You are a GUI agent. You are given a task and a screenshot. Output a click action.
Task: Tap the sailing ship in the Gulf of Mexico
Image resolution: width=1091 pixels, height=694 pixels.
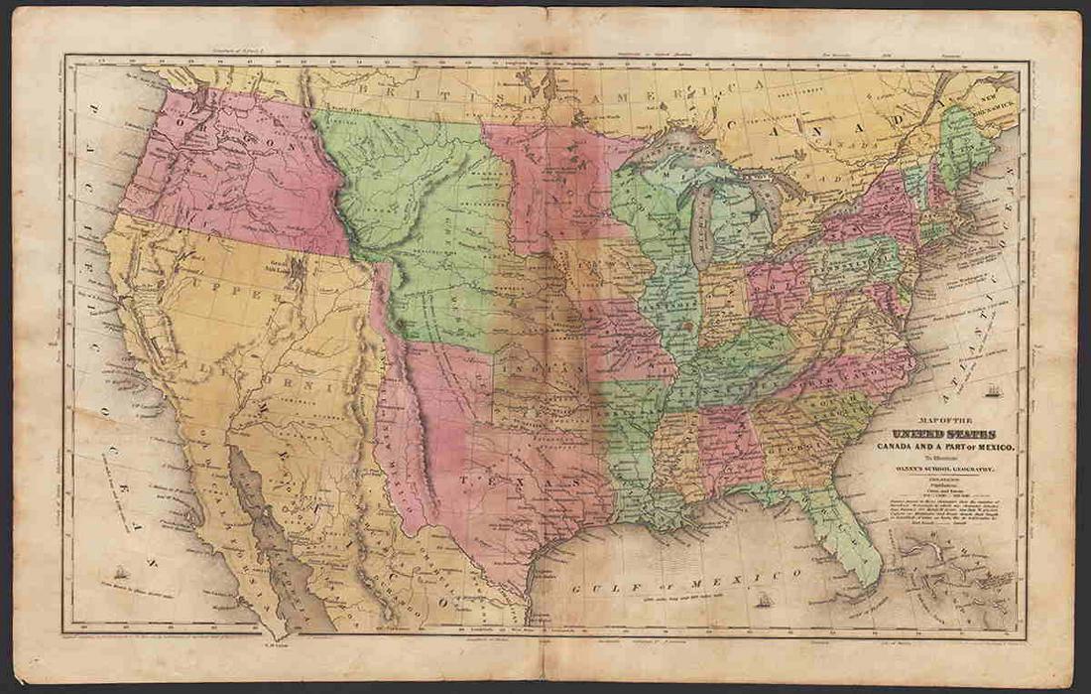click(764, 602)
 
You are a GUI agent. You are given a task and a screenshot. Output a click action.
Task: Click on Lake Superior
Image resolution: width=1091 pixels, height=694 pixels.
click(684, 150)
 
